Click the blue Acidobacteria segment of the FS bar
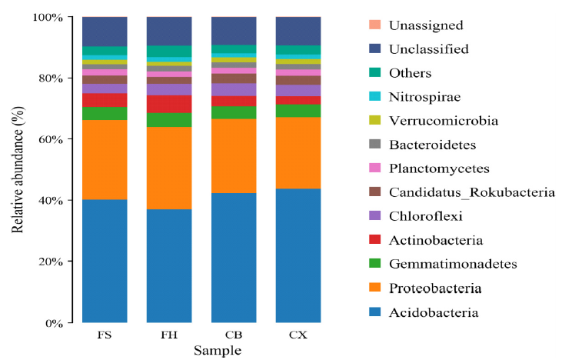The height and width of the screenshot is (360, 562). click(x=105, y=261)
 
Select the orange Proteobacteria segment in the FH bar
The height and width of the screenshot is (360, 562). click(x=169, y=168)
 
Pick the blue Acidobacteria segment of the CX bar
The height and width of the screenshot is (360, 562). click(x=298, y=255)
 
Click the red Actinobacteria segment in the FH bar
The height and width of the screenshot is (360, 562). click(x=169, y=104)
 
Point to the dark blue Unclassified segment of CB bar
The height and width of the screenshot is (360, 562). click(x=234, y=31)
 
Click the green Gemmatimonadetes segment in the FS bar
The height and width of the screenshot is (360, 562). click(x=105, y=113)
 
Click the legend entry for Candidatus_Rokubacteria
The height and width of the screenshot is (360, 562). click(x=472, y=192)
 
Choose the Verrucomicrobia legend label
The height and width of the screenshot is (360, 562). click(x=454, y=121)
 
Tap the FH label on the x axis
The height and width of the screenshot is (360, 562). click(x=169, y=337)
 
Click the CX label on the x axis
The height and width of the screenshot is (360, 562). click(x=298, y=337)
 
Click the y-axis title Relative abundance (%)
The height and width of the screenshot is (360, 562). click(x=17, y=170)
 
